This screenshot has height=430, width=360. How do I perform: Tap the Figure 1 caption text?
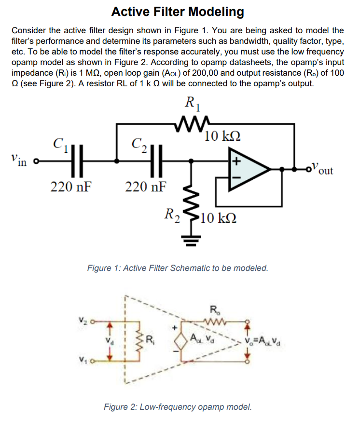tap(177, 268)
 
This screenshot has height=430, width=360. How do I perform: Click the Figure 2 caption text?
tap(178, 406)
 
